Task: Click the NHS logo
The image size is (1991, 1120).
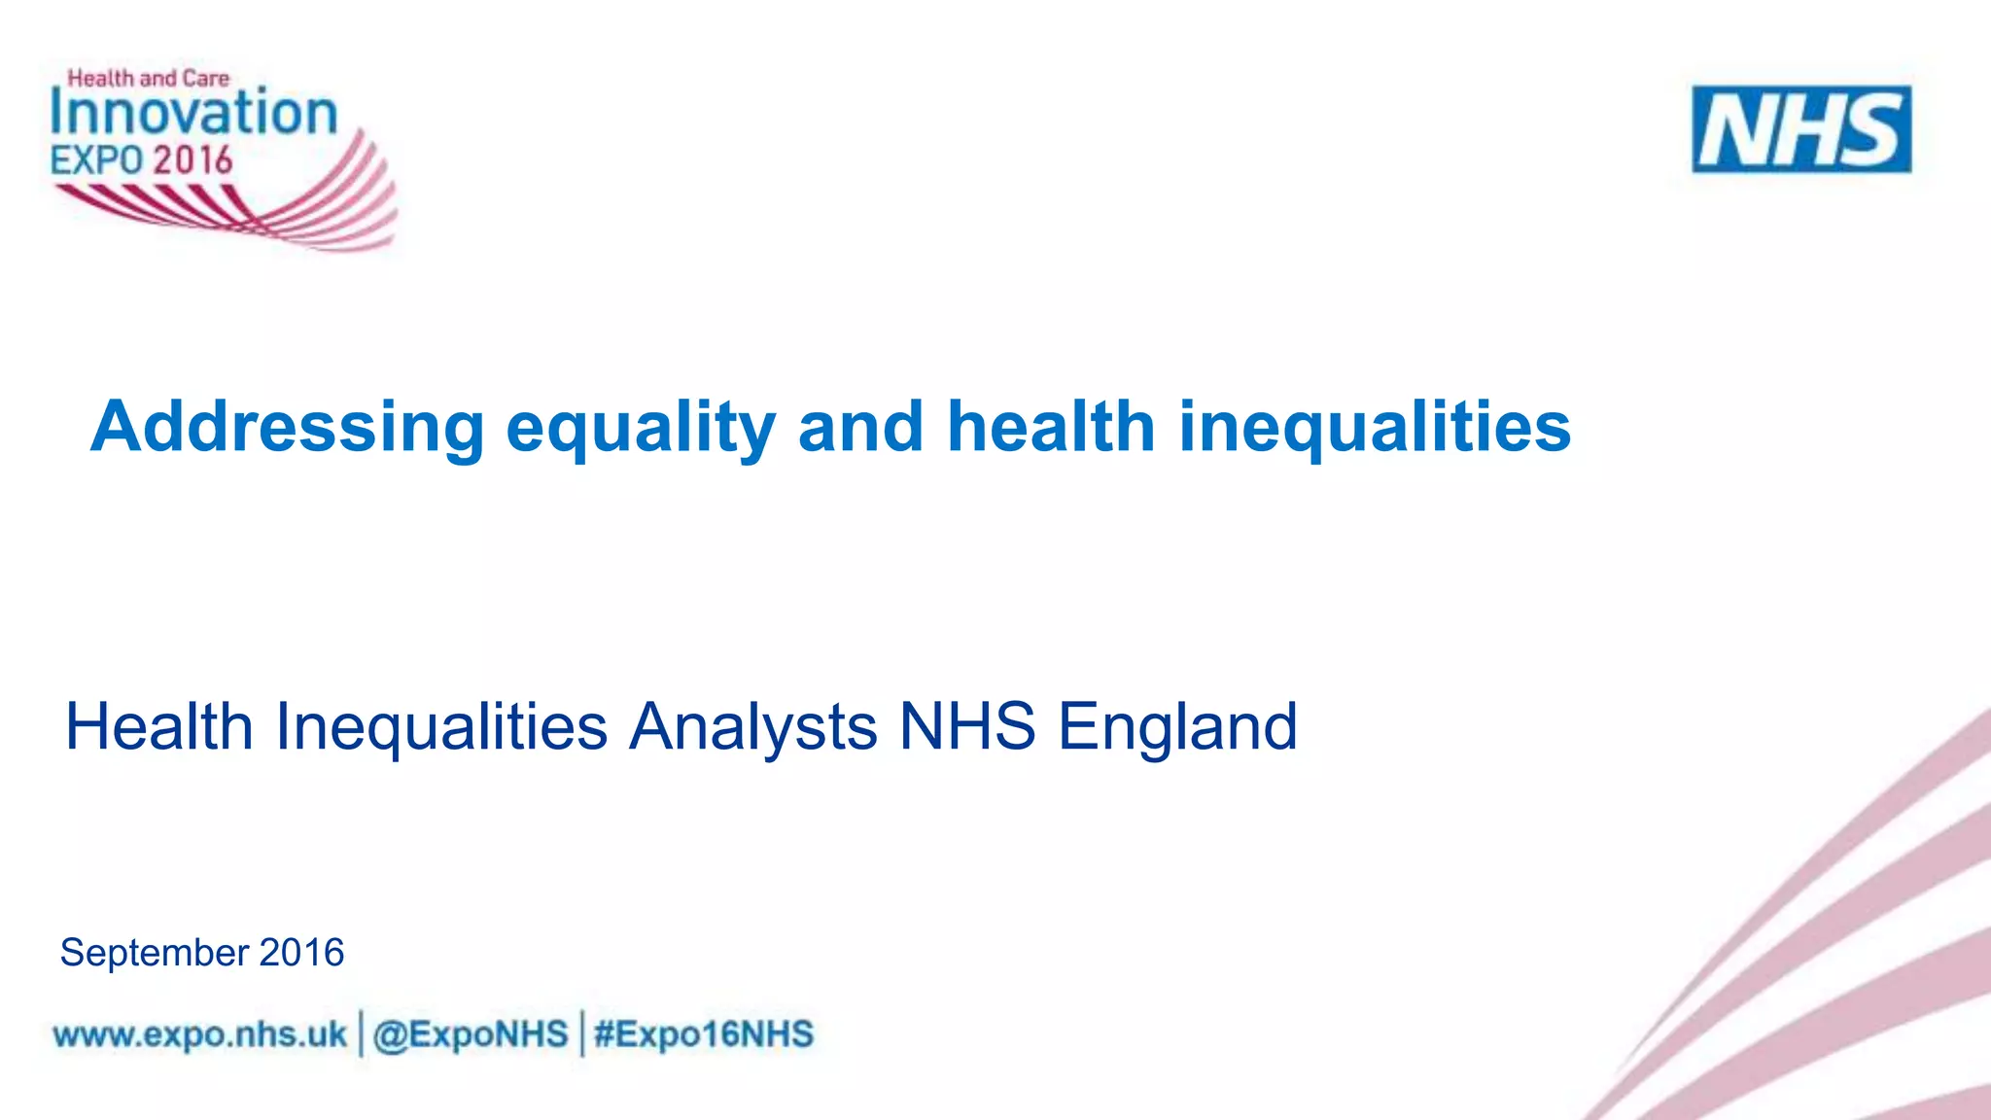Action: point(1801,129)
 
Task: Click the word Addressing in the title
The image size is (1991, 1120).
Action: point(287,427)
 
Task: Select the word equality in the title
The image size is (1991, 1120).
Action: point(641,427)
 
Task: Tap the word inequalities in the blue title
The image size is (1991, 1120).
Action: point(1375,427)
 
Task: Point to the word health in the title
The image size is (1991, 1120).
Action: point(1051,427)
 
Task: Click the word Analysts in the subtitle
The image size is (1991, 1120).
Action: point(753,726)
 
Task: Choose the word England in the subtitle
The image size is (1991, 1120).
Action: point(1177,726)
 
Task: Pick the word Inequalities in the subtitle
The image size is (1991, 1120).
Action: point(441,726)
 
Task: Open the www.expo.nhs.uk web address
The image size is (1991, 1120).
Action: point(200,1034)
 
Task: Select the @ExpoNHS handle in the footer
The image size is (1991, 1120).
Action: point(471,1034)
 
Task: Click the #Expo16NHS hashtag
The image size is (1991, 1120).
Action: point(704,1034)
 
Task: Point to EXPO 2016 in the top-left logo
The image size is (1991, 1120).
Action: point(142,160)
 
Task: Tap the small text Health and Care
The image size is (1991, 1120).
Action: point(149,78)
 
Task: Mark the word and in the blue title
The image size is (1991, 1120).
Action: point(860,427)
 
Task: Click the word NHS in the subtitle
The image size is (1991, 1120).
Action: point(967,726)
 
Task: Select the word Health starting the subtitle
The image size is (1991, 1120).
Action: point(159,726)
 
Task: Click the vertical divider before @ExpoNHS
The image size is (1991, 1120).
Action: point(362,1033)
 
